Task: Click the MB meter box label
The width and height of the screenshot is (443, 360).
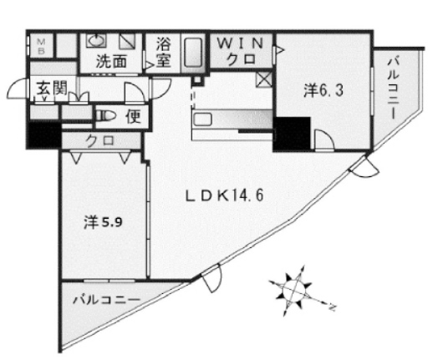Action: (x=41, y=46)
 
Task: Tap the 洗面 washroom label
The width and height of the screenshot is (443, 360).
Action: (x=111, y=61)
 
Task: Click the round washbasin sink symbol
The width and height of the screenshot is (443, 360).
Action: (x=96, y=40)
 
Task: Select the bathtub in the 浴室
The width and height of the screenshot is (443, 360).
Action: (x=193, y=53)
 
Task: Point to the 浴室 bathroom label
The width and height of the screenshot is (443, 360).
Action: (x=164, y=53)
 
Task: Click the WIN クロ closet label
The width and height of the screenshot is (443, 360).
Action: (x=241, y=51)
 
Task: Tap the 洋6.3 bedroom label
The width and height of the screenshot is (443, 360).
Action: (x=323, y=90)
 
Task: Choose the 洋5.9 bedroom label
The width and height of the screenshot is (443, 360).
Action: (x=103, y=222)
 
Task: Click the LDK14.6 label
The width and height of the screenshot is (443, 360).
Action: (x=224, y=195)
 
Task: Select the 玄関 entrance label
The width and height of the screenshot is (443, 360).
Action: (x=53, y=87)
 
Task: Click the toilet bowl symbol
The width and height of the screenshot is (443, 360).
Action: (x=105, y=115)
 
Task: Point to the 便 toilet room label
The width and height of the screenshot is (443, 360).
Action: (x=134, y=116)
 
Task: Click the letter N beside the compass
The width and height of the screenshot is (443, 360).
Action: (x=333, y=307)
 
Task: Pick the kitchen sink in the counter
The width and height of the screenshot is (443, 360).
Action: (x=202, y=119)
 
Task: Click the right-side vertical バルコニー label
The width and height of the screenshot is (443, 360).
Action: (x=394, y=89)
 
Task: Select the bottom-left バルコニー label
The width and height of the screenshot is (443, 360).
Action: (x=107, y=300)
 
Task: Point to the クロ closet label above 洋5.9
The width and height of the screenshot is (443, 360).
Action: (x=100, y=140)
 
